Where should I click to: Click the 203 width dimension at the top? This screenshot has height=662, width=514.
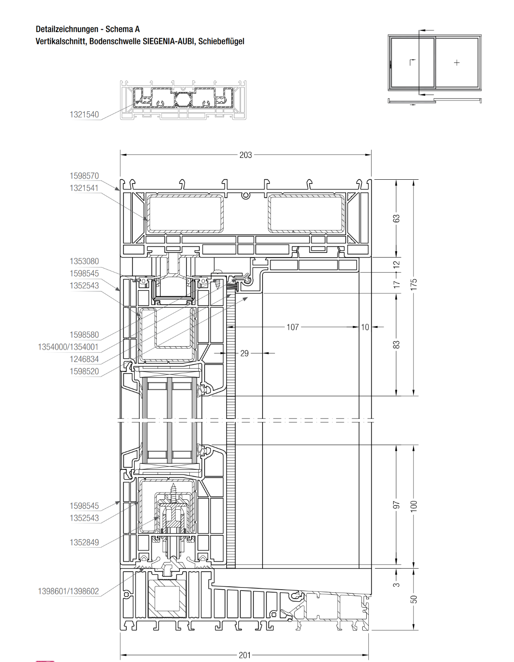pos(245,155)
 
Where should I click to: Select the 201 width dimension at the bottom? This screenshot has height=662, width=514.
pos(245,655)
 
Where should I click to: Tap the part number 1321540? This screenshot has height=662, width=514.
pos(84,115)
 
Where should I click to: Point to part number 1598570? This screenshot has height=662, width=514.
pos(84,176)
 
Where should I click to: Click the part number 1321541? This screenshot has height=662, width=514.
pos(84,188)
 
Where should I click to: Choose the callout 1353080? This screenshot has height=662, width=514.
pos(84,261)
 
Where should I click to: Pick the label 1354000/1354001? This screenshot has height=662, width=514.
pos(68,347)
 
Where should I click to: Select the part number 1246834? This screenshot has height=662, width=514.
pos(84,359)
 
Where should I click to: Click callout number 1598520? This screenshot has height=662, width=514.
pos(84,371)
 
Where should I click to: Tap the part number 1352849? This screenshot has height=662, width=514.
pos(84,542)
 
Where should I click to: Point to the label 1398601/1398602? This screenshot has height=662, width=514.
pos(68,591)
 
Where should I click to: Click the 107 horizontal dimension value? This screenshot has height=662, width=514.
pos(293,327)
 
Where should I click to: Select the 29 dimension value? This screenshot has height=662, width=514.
pos(244,353)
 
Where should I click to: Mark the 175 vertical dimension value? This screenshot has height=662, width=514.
pos(413,285)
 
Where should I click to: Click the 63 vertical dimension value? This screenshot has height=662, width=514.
pos(396,219)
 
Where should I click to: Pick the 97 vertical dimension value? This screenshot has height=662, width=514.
pos(396,505)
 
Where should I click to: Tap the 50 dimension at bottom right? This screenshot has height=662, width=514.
pos(413,599)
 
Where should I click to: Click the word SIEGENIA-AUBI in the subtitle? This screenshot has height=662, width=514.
pos(169,41)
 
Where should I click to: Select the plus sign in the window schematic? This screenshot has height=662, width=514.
pos(456,63)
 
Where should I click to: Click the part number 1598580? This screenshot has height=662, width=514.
pos(84,335)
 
